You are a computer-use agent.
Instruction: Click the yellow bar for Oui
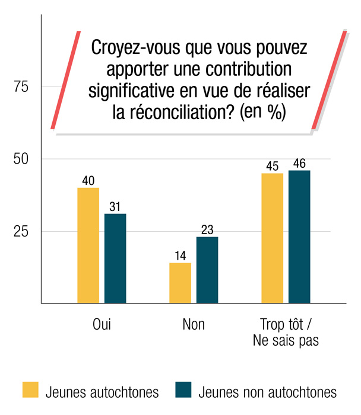(x=88, y=245)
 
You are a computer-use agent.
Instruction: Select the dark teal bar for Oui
(x=115, y=258)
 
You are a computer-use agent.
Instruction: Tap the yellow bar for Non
(x=180, y=283)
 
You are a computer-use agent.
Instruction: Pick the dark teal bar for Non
(x=207, y=270)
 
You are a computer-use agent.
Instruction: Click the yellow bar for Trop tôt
(x=273, y=238)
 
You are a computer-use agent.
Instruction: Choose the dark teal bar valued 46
(x=299, y=237)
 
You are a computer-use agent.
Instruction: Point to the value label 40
(x=88, y=180)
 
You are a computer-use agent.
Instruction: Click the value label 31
(x=115, y=206)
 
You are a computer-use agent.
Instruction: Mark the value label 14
(x=180, y=256)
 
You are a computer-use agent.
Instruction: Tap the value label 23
(x=207, y=229)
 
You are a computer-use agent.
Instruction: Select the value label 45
(x=273, y=165)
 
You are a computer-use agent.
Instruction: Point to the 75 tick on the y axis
(x=21, y=87)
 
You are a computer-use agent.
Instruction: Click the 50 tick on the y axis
(x=21, y=159)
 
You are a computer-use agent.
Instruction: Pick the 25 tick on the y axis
(x=21, y=231)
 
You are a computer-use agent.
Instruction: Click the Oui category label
(x=102, y=324)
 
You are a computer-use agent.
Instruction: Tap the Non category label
(x=194, y=324)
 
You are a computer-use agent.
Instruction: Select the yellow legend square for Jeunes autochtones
(x=30, y=390)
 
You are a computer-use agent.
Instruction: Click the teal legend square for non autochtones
(x=184, y=390)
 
